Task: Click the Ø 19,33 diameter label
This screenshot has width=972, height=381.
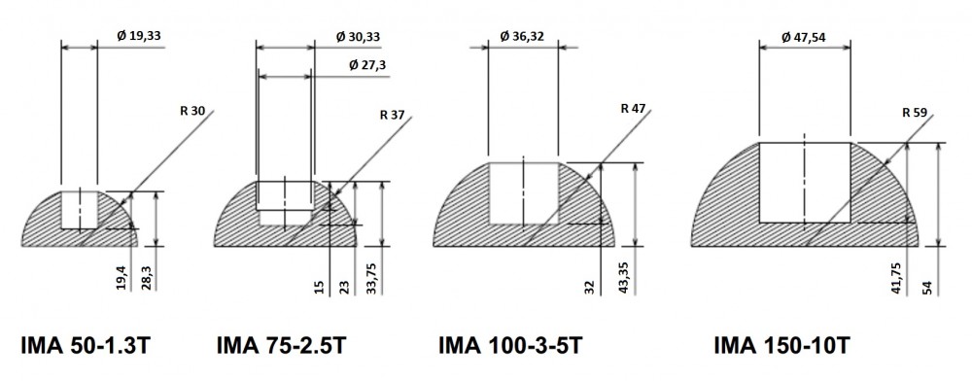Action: (139, 36)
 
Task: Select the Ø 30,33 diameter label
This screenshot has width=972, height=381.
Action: (359, 37)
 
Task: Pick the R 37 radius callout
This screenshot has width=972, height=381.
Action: (392, 115)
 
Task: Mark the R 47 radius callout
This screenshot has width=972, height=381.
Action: (633, 109)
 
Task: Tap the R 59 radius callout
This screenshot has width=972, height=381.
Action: (915, 113)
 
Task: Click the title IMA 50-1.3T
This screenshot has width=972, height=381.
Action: (85, 345)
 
